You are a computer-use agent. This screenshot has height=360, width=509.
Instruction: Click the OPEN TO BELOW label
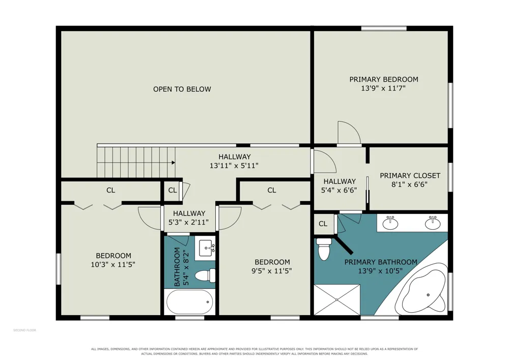point(182,89)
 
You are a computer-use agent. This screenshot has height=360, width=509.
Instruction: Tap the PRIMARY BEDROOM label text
point(384,79)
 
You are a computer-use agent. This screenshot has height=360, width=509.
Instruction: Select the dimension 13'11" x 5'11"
point(234,165)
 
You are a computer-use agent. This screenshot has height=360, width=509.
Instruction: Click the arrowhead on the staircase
point(174,162)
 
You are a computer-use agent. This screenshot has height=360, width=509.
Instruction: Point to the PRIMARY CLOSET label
point(410,176)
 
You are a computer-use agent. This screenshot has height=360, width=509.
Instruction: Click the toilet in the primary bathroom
point(324,249)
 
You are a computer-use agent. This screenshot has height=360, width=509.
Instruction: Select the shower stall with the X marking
point(337,299)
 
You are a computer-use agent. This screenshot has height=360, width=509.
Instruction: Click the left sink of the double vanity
point(390,223)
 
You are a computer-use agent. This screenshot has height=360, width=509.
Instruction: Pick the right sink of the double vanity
point(433,223)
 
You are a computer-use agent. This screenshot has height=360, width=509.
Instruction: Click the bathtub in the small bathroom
point(190,301)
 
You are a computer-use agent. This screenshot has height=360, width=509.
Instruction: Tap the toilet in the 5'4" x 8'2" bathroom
point(205,275)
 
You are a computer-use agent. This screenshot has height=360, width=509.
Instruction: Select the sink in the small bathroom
point(205,248)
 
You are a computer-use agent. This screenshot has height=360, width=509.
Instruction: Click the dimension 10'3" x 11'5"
point(113,265)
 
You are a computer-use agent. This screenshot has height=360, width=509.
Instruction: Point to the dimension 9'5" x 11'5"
point(272,271)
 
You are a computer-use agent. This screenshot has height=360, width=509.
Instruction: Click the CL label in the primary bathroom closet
point(323,224)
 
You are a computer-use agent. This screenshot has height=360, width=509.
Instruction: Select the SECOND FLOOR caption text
point(24,330)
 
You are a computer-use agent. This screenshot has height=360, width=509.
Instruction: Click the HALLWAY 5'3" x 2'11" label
point(189,218)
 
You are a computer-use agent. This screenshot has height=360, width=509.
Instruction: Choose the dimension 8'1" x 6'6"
point(409,185)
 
